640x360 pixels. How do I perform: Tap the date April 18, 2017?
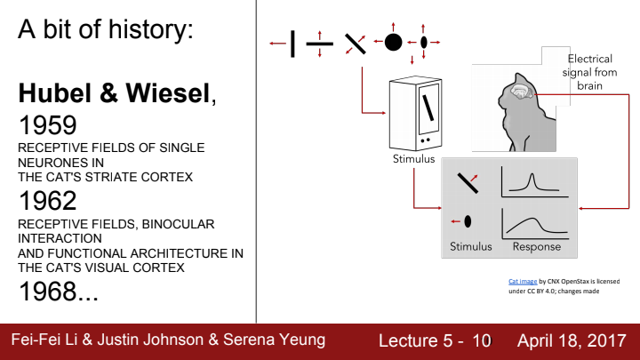pyautogui.click(x=572, y=340)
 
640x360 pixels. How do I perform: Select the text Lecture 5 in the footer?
pyautogui.click(x=416, y=340)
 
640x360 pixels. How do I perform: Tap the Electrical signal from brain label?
pyautogui.click(x=589, y=72)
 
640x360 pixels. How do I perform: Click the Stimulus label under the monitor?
pyautogui.click(x=413, y=160)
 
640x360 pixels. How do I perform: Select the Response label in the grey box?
pyautogui.click(x=538, y=245)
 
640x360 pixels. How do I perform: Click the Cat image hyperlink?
pyautogui.click(x=522, y=281)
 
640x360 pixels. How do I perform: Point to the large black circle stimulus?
pyautogui.click(x=393, y=42)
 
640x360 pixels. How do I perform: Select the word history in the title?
pyautogui.click(x=147, y=32)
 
